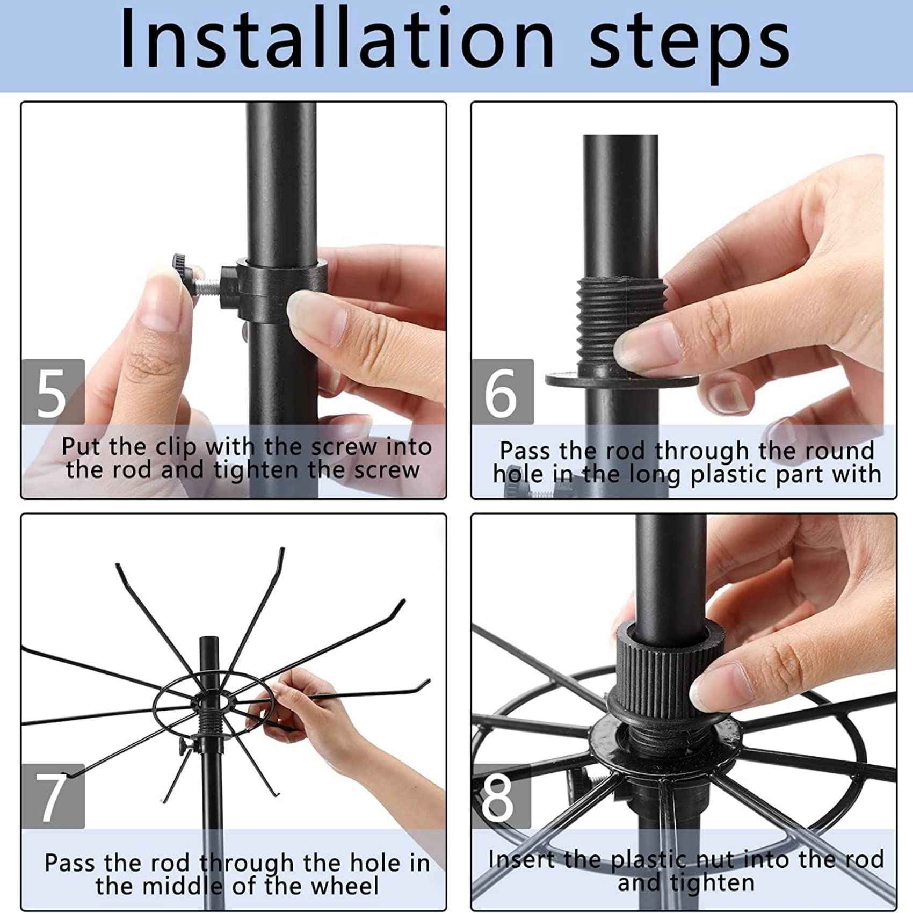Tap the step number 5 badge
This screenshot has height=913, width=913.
(x=53, y=392)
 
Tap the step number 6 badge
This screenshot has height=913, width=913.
(x=503, y=392)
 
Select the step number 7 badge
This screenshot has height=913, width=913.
(x=53, y=796)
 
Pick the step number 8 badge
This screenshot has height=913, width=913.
(x=501, y=796)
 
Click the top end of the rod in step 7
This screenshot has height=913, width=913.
(x=209, y=639)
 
